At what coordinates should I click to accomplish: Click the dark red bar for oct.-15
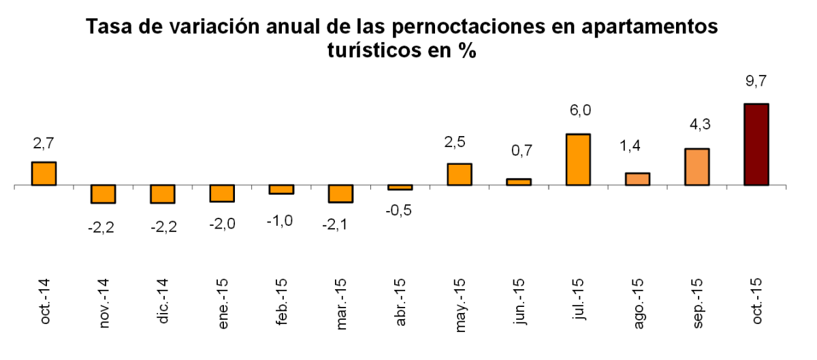click(x=756, y=144)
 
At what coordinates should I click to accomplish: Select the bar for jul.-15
click(x=578, y=159)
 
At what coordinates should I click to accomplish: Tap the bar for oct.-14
click(x=44, y=174)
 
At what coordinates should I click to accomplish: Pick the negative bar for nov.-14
click(x=103, y=194)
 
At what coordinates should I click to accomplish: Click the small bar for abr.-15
click(x=400, y=187)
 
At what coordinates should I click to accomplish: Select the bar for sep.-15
click(x=696, y=167)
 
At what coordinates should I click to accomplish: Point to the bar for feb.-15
click(x=281, y=189)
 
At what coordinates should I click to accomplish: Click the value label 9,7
click(x=756, y=82)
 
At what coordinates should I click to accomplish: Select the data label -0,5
click(x=399, y=210)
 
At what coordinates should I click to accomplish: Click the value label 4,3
click(x=696, y=127)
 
